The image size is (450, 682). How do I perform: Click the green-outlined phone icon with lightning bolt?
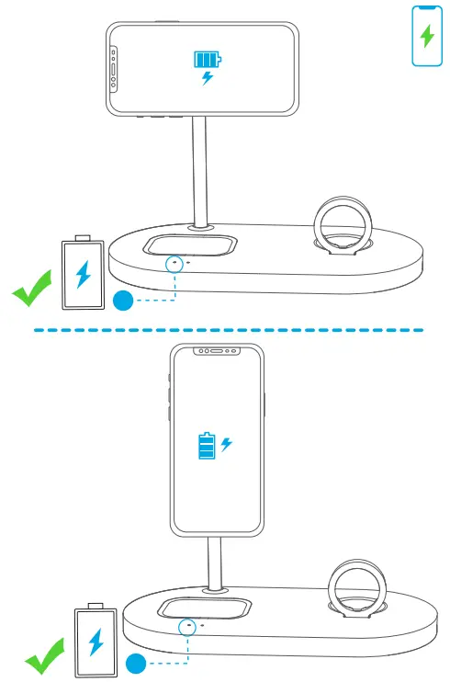click(426, 36)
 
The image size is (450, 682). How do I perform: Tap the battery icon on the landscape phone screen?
click(207, 61)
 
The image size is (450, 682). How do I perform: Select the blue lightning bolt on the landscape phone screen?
click(208, 79)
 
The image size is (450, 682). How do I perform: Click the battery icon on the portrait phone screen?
click(208, 447)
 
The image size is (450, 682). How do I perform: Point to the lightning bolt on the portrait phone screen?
click(227, 444)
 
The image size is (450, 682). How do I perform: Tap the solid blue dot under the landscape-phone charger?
click(122, 301)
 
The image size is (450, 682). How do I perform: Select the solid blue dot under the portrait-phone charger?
click(136, 662)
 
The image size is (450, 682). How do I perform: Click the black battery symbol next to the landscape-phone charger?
click(83, 273)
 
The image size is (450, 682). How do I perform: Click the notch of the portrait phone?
click(217, 350)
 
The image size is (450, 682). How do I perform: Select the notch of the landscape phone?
click(113, 70)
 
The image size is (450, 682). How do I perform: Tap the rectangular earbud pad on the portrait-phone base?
click(206, 608)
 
